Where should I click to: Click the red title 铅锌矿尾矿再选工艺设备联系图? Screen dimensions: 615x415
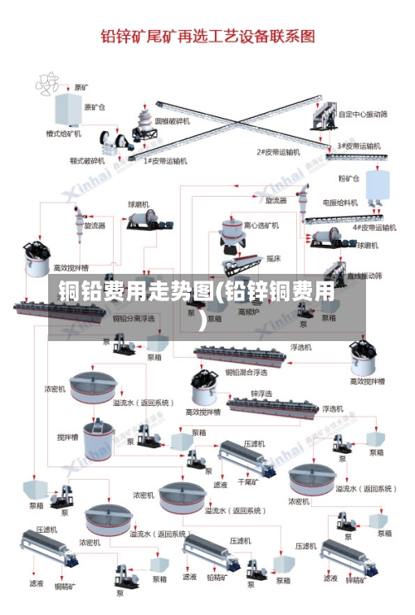click(207, 36)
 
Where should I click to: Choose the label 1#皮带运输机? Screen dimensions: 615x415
click(165, 160)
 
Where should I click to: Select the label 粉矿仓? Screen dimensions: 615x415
click(349, 178)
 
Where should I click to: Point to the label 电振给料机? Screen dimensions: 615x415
click(340, 202)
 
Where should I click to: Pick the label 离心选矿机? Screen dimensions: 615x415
click(261, 225)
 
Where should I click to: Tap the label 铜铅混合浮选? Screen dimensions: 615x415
click(247, 373)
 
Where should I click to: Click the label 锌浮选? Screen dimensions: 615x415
click(261, 393)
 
